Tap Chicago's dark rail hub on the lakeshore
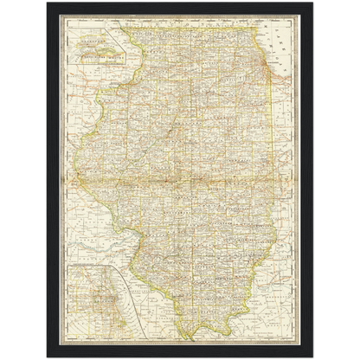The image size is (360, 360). click(266, 71)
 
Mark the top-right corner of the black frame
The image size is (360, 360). click(315, 3)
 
